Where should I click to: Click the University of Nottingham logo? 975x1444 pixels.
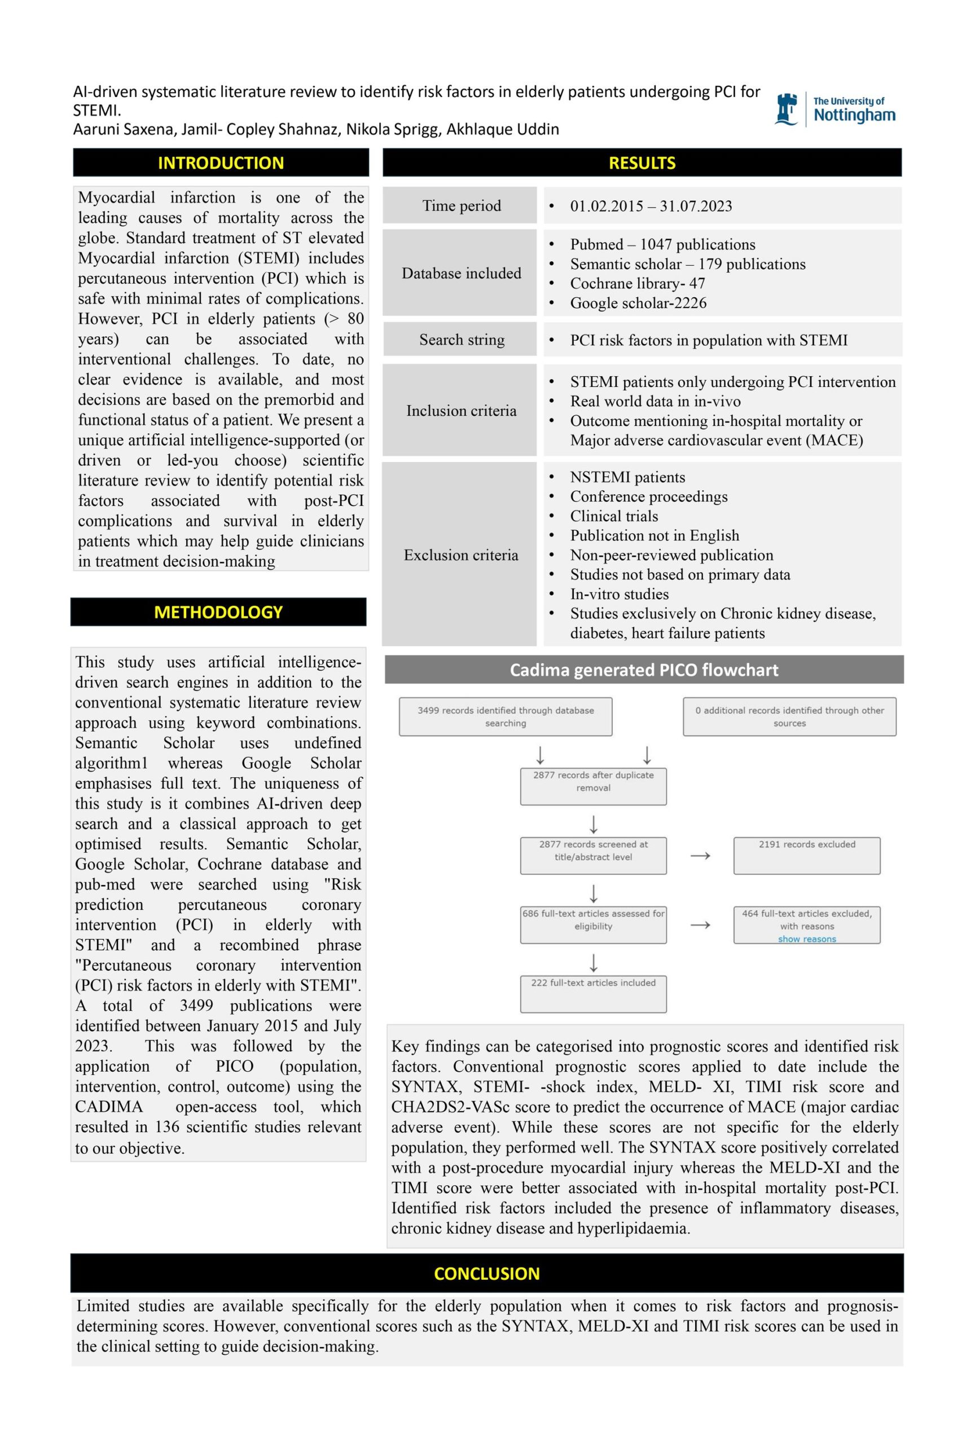pyautogui.click(x=834, y=109)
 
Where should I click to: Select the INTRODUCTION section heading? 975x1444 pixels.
pyautogui.click(x=221, y=163)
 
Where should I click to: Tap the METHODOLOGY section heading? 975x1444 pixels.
pyautogui.click(x=218, y=612)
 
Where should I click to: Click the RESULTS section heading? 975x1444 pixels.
pyautogui.click(x=642, y=163)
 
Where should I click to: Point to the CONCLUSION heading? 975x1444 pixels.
pyautogui.click(x=486, y=1274)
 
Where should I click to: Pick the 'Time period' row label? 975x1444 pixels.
pyautogui.click(x=461, y=206)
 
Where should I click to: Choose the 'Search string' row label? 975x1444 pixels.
pyautogui.click(x=461, y=340)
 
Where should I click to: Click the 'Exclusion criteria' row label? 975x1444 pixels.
pyautogui.click(x=460, y=555)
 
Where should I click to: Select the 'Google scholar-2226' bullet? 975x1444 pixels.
pyautogui.click(x=638, y=303)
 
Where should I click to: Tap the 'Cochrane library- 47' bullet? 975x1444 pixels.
pyautogui.click(x=637, y=284)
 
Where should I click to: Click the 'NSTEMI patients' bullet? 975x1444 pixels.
pyautogui.click(x=627, y=477)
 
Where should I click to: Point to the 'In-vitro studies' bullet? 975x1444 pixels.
pyautogui.click(x=619, y=594)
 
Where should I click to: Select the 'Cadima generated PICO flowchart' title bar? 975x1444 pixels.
pyautogui.click(x=644, y=670)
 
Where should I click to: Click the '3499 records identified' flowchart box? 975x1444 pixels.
pyautogui.click(x=505, y=716)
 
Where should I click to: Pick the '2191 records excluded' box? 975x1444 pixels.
pyautogui.click(x=807, y=855)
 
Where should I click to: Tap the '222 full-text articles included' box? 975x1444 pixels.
pyautogui.click(x=593, y=993)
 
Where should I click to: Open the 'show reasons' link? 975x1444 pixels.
pyautogui.click(x=807, y=939)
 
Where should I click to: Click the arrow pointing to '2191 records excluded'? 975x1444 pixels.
pyautogui.click(x=700, y=856)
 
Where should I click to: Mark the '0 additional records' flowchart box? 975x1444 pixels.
pyautogui.click(x=789, y=716)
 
